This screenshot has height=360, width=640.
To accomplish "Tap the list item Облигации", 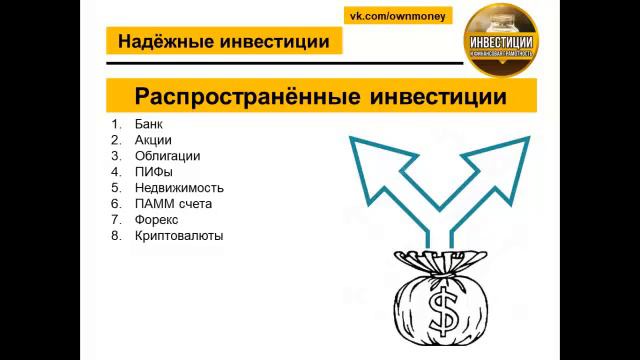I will tap(167, 156).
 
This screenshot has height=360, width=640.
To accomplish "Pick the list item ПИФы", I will tap(152, 172).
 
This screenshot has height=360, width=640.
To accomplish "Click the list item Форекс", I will tap(156, 220).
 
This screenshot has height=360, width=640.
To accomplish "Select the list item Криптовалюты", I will tap(179, 236).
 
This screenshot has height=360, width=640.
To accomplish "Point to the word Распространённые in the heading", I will tap(236, 97).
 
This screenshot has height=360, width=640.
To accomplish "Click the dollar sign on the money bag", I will tap(439, 312).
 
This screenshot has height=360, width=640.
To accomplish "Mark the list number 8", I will tap(115, 236).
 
